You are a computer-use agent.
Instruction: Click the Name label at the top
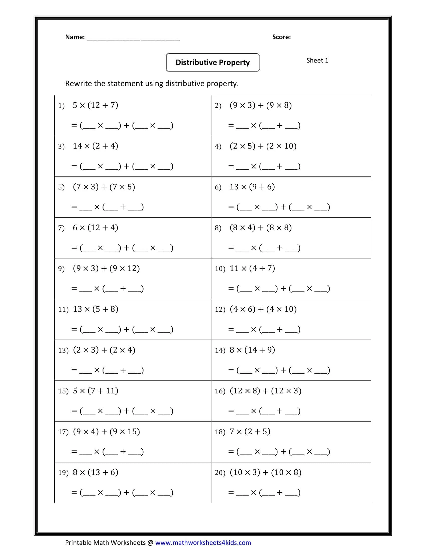click(75, 37)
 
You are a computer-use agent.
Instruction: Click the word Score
click(281, 37)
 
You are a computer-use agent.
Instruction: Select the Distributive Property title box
click(212, 62)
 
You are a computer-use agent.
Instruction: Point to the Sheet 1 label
click(317, 60)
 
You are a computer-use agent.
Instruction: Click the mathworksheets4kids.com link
click(203, 543)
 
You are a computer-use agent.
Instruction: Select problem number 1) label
click(61, 106)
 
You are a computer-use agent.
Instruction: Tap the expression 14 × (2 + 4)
click(95, 146)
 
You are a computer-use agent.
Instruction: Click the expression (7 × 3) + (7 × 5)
click(104, 187)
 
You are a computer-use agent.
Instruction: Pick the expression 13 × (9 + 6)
click(252, 187)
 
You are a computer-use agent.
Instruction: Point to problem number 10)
click(220, 269)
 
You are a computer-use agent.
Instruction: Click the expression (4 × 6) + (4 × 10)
click(263, 309)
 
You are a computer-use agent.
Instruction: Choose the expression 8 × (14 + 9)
click(252, 350)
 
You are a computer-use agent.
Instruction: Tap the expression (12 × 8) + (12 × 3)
click(265, 391)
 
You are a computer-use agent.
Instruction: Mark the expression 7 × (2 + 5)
click(250, 432)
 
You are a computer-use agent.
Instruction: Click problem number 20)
click(220, 473)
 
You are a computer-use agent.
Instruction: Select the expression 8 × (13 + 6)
click(95, 472)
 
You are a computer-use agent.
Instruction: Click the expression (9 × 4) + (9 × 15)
click(106, 432)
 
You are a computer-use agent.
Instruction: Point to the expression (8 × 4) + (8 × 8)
click(261, 228)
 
